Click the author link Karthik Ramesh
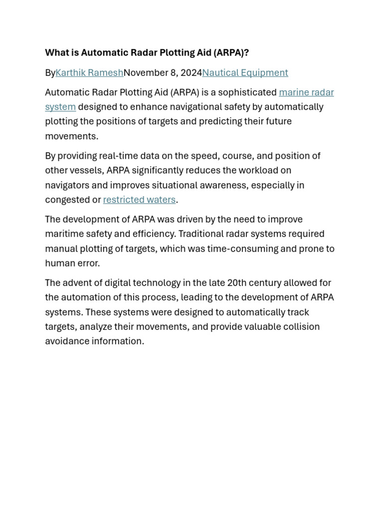click(89, 73)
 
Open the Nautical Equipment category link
click(245, 73)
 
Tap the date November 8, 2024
click(163, 73)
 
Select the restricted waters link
click(139, 200)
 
